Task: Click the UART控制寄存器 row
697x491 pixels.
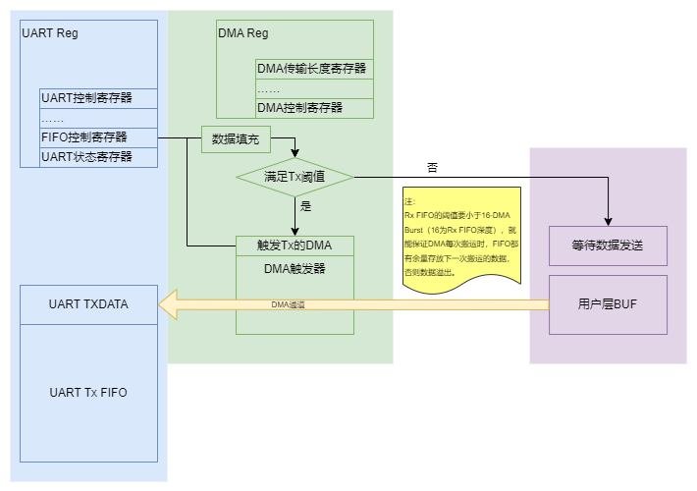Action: coord(98,98)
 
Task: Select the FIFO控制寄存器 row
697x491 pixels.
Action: coord(98,137)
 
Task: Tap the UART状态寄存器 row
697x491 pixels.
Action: coord(98,157)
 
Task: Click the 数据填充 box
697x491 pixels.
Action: coord(236,139)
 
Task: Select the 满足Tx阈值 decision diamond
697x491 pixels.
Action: coord(295,178)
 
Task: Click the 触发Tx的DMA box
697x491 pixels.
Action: coord(295,245)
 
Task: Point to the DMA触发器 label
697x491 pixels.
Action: coord(295,267)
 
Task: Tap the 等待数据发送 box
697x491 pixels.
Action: coord(608,245)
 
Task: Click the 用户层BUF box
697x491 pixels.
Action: coord(608,304)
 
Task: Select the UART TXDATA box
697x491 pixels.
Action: coord(88,304)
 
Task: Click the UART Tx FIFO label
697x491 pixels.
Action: coord(88,392)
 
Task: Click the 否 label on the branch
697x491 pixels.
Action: coord(432,167)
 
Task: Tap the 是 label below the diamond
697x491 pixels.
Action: coord(304,207)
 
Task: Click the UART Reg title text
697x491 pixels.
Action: coord(49,33)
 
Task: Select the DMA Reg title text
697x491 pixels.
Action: coord(242,33)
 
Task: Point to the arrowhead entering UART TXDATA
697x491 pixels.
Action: coord(167,304)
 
